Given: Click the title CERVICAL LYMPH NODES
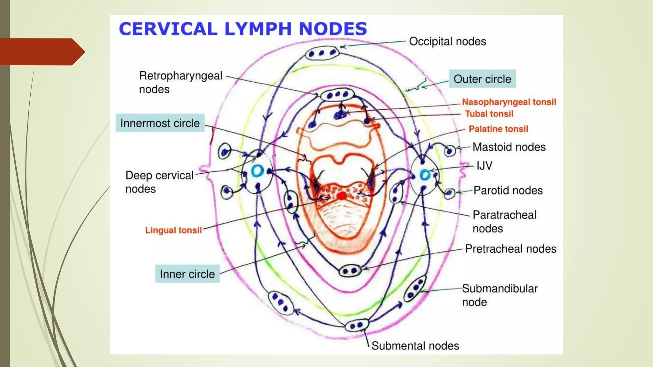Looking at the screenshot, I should tap(243, 29).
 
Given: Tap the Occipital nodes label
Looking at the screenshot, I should tap(447, 41).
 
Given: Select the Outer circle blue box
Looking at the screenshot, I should tap(482, 79).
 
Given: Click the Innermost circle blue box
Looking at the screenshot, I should tap(160, 123).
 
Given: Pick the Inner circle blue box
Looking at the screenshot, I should tap(187, 274).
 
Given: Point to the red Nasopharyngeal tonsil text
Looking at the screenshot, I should tap(509, 102).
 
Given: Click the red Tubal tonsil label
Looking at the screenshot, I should tap(489, 114).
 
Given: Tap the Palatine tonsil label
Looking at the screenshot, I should tap(498, 129).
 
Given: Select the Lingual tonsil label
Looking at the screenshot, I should tap(173, 230).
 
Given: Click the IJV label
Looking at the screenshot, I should tap(484, 166).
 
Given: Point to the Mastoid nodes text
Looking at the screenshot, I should tap(509, 147).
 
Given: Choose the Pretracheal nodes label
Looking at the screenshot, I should tap(510, 249).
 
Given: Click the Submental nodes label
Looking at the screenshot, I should tap(415, 346).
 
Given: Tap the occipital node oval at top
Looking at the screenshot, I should tap(321, 53).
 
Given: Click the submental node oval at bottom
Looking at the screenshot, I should tap(357, 325).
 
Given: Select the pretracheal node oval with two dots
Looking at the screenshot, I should tap(350, 271).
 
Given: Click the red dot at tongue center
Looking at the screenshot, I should tap(342, 196).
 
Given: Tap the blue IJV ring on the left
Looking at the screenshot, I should tap(257, 171).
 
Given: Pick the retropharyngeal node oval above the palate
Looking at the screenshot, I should tap(337, 95).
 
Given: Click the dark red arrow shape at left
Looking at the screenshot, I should tap(41, 52).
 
